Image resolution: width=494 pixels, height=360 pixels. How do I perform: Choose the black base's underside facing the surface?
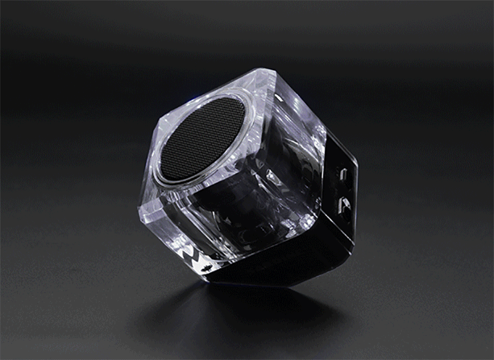272,272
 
